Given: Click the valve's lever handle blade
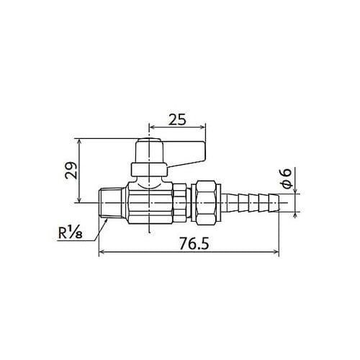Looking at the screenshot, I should pos(186,152).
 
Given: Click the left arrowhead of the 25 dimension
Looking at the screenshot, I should pos(151,125).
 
